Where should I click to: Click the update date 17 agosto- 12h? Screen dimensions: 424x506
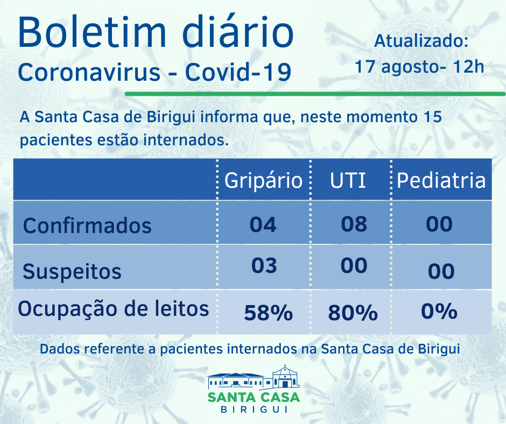[419, 67]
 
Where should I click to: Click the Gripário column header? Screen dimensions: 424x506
[263, 180]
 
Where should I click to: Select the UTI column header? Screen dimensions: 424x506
[348, 180]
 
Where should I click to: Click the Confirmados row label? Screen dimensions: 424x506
[87, 225]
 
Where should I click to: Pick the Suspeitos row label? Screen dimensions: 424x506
[72, 271]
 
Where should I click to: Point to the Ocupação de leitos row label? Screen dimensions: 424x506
[114, 309]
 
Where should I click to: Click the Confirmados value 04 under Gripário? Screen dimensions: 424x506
[263, 224]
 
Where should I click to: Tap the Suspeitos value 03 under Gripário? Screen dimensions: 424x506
[264, 266]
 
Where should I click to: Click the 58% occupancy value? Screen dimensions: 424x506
[268, 313]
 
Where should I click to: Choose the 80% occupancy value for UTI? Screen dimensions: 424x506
[353, 313]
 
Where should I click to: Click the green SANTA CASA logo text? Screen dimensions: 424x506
[254, 398]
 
